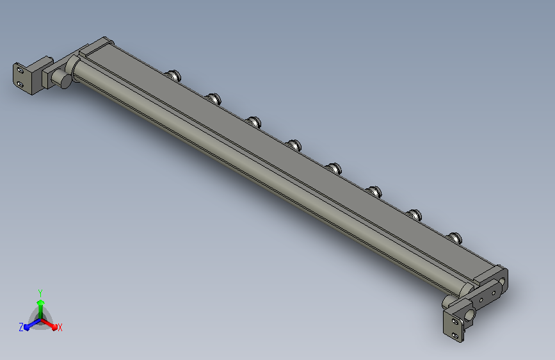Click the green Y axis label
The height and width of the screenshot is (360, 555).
[40, 293]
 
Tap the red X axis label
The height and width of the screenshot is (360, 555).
[60, 328]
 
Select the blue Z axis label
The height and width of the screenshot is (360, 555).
[21, 327]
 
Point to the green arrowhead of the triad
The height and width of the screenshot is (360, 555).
[41, 302]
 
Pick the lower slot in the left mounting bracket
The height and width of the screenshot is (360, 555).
[20, 85]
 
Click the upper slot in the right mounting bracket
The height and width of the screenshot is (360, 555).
[455, 322]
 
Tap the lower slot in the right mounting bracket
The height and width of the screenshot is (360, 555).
[456, 335]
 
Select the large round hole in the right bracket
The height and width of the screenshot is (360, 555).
[469, 315]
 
